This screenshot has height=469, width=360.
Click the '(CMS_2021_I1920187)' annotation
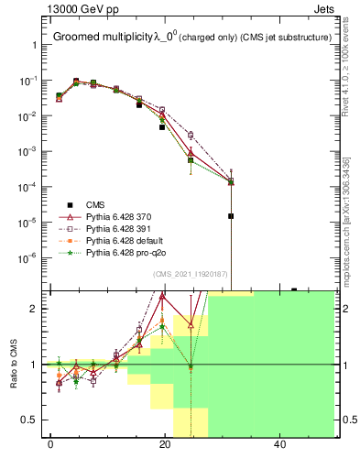click(x=191, y=274)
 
